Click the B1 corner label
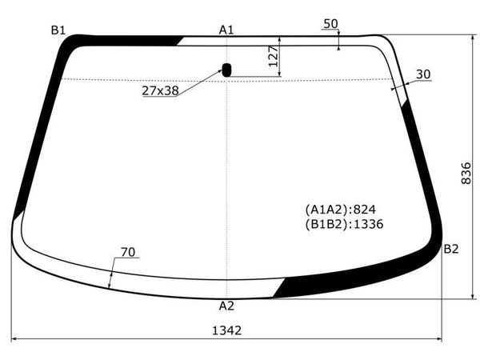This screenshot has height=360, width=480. click(x=58, y=30)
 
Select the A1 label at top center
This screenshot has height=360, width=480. click(x=226, y=30)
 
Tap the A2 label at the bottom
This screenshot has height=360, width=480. click(x=226, y=306)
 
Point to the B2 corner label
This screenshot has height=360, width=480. click(x=451, y=249)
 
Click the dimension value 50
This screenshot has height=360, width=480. click(x=330, y=23)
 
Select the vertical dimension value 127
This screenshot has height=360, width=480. click(x=274, y=56)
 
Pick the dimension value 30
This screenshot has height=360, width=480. click(x=423, y=74)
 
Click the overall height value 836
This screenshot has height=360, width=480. click(x=466, y=174)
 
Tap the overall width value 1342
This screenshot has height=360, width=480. click(x=227, y=330)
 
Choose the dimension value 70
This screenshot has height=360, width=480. click(x=128, y=252)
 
